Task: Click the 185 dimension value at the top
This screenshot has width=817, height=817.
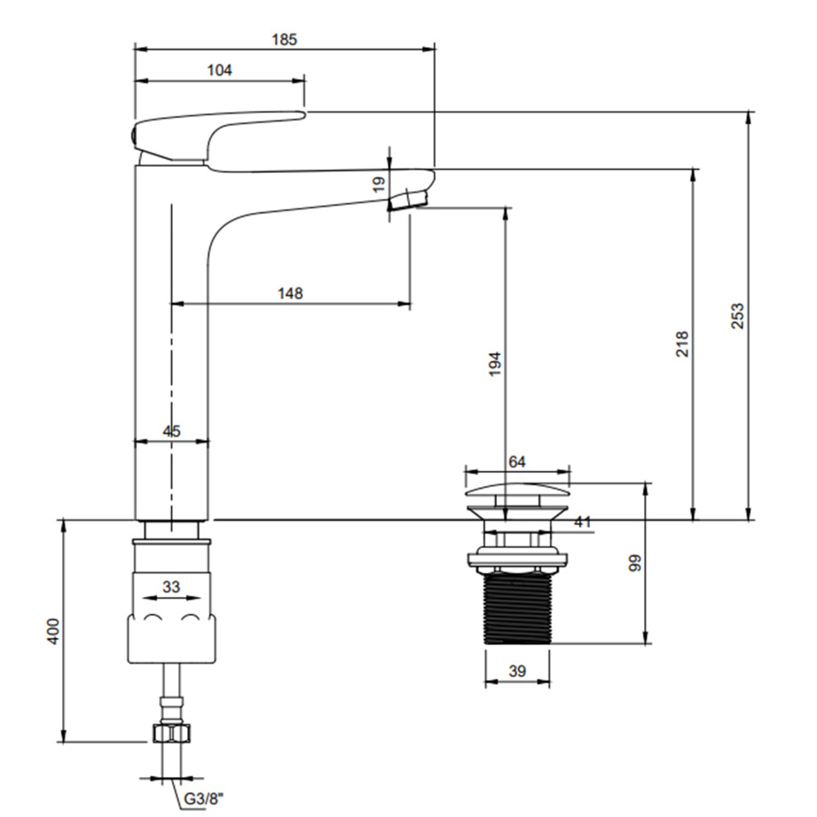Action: click(285, 39)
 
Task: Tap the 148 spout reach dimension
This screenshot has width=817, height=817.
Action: click(290, 294)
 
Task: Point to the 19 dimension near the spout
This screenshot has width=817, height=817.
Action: click(379, 185)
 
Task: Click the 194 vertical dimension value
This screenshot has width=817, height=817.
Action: click(495, 365)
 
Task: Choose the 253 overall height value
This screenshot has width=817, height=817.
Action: click(737, 316)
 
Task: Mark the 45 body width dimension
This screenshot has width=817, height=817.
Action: click(172, 431)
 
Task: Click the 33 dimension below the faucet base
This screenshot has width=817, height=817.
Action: click(171, 586)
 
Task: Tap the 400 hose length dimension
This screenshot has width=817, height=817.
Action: click(53, 631)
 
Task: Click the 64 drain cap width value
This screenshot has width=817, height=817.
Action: click(517, 461)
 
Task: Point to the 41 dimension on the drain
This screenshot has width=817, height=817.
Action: click(581, 522)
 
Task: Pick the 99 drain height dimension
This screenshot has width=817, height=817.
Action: click(634, 563)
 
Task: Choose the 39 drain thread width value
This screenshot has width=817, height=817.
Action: click(517, 672)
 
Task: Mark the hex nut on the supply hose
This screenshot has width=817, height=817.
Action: click(171, 733)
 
